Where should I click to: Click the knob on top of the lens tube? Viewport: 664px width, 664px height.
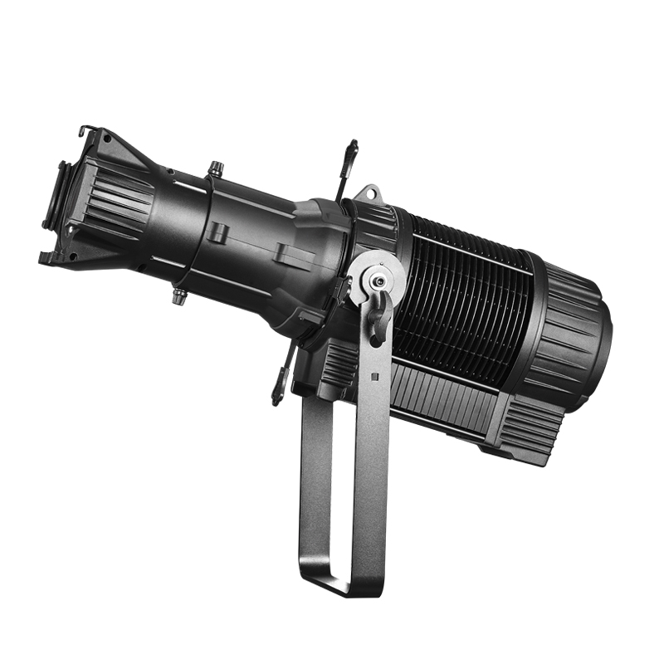[217, 168]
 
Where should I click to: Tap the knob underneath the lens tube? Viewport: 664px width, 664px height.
[178, 295]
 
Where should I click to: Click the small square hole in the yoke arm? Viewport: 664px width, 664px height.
[374, 376]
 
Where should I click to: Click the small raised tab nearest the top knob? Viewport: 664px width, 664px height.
[218, 232]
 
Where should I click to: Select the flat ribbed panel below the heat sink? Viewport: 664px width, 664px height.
[440, 398]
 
